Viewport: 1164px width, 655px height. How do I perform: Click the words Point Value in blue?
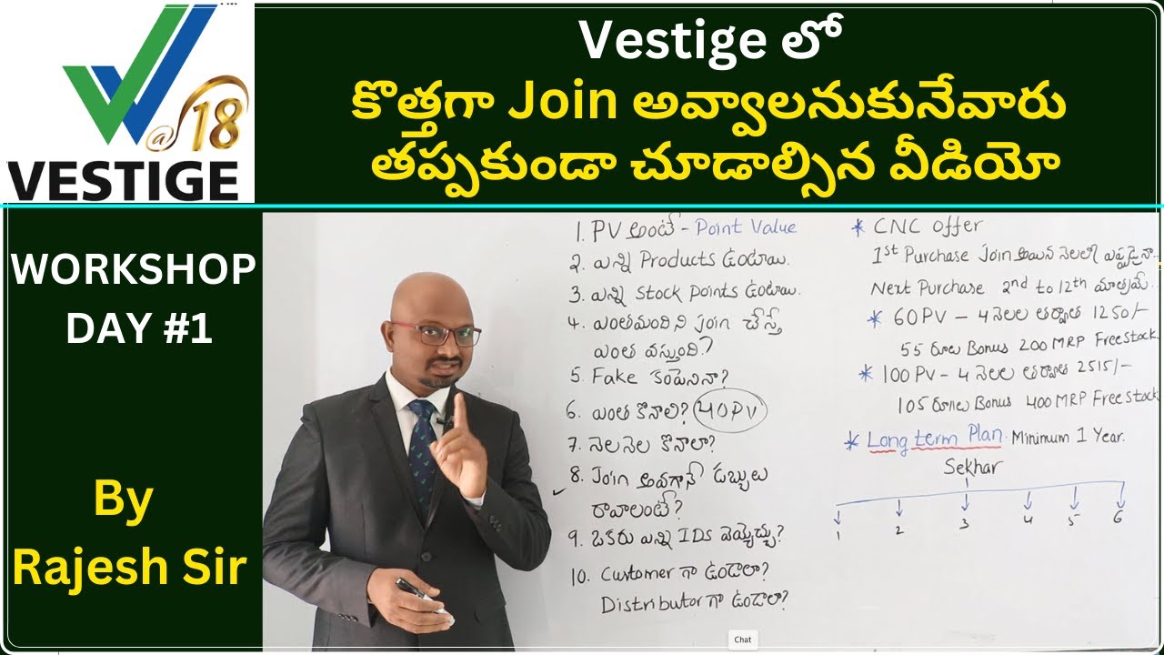click(746, 227)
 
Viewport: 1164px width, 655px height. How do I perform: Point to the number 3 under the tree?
click(965, 524)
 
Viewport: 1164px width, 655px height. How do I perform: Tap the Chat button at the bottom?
click(743, 640)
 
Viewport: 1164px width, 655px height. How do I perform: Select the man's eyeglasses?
click(435, 334)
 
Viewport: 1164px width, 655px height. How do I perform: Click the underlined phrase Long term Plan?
click(934, 438)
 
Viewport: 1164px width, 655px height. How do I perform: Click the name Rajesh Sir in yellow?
click(130, 567)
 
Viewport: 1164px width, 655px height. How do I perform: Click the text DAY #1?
click(139, 330)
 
